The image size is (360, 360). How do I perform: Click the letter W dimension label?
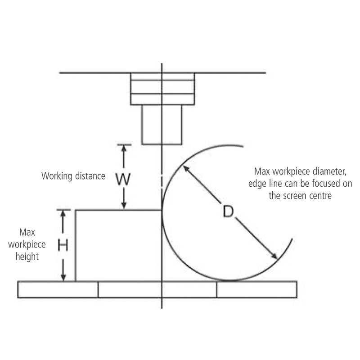[123, 179]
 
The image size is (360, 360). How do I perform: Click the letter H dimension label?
[63, 245]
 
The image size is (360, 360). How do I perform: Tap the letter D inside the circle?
[228, 211]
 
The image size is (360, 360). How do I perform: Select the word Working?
[57, 176]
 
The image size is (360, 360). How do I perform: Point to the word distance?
[90, 176]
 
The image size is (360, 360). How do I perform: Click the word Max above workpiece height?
[27, 232]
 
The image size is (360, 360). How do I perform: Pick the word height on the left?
[27, 256]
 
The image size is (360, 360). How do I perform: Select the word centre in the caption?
[320, 196]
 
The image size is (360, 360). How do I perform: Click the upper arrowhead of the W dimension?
[124, 148]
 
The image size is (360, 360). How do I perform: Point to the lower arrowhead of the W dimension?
[124, 206]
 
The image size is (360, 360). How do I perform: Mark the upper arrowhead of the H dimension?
[63, 213]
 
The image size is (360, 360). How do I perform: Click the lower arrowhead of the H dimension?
[63, 277]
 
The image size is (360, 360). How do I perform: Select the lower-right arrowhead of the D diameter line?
[274, 256]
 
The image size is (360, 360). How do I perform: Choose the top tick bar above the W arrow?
[124, 144]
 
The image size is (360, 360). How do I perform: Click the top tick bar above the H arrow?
[63, 209]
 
